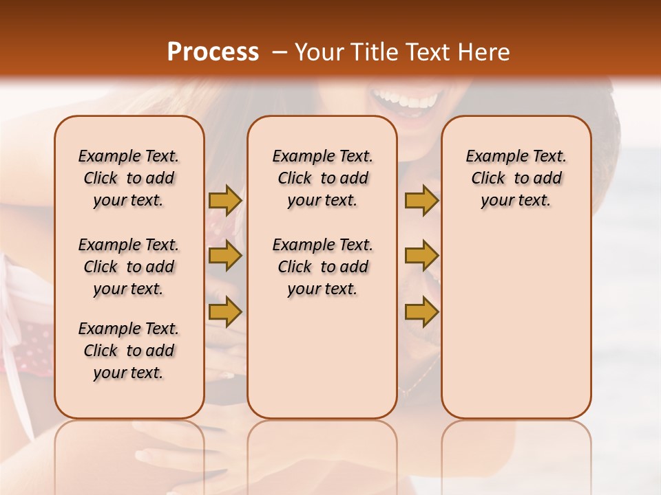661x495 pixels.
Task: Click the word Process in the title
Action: [213, 52]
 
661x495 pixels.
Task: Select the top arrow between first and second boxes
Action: [225, 200]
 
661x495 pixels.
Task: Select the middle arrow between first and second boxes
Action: [225, 256]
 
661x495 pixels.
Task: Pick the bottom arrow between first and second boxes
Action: [225, 312]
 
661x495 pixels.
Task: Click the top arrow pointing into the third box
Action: [421, 200]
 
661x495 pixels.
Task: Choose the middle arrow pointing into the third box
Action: [421, 256]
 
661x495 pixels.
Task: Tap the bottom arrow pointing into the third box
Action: [421, 312]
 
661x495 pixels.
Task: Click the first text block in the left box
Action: [129, 178]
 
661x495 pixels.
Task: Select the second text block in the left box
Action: [129, 267]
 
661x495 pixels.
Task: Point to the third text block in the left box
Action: [129, 351]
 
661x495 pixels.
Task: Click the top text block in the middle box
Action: [322, 178]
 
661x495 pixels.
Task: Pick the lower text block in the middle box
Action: [322, 267]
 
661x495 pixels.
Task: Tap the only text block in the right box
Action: [516, 178]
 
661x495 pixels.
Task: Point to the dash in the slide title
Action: [280, 52]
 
